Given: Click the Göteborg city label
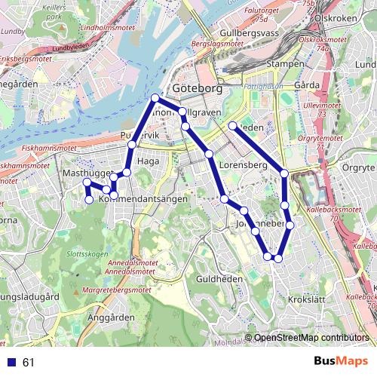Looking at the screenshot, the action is (x=198, y=88).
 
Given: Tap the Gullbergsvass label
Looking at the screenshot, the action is (x=251, y=33).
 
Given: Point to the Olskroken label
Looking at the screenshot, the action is (x=335, y=17).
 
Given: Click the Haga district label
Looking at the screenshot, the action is (x=148, y=161).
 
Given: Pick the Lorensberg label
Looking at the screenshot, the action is (x=244, y=164).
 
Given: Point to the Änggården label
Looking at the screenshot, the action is (x=110, y=317).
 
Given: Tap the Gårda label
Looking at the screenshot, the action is (x=307, y=85).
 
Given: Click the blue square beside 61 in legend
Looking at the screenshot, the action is (x=12, y=363).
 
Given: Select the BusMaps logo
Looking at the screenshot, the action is (x=341, y=361).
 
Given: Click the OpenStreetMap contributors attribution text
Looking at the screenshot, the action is (x=311, y=338).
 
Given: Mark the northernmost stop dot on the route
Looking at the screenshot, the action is (x=155, y=98).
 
